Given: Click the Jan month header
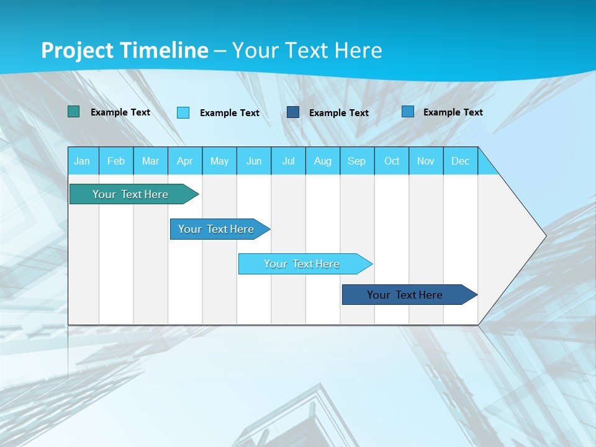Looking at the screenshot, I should (82, 161).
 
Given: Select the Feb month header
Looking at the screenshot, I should (116, 161).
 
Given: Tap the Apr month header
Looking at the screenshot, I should (184, 161).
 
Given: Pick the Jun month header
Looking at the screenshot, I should (254, 161).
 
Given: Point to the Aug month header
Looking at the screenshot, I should (322, 161).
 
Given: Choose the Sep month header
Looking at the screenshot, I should (356, 161).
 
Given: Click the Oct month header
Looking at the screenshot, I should (392, 161).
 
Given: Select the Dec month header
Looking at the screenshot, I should (460, 161).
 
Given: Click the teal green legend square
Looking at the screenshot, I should (73, 112).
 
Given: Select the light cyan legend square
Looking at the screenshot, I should (183, 112).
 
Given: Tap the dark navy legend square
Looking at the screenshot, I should (293, 112).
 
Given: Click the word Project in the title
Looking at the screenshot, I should (76, 50).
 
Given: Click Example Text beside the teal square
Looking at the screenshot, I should (120, 112).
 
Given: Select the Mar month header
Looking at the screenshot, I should (150, 161).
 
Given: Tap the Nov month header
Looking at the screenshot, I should (426, 161).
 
